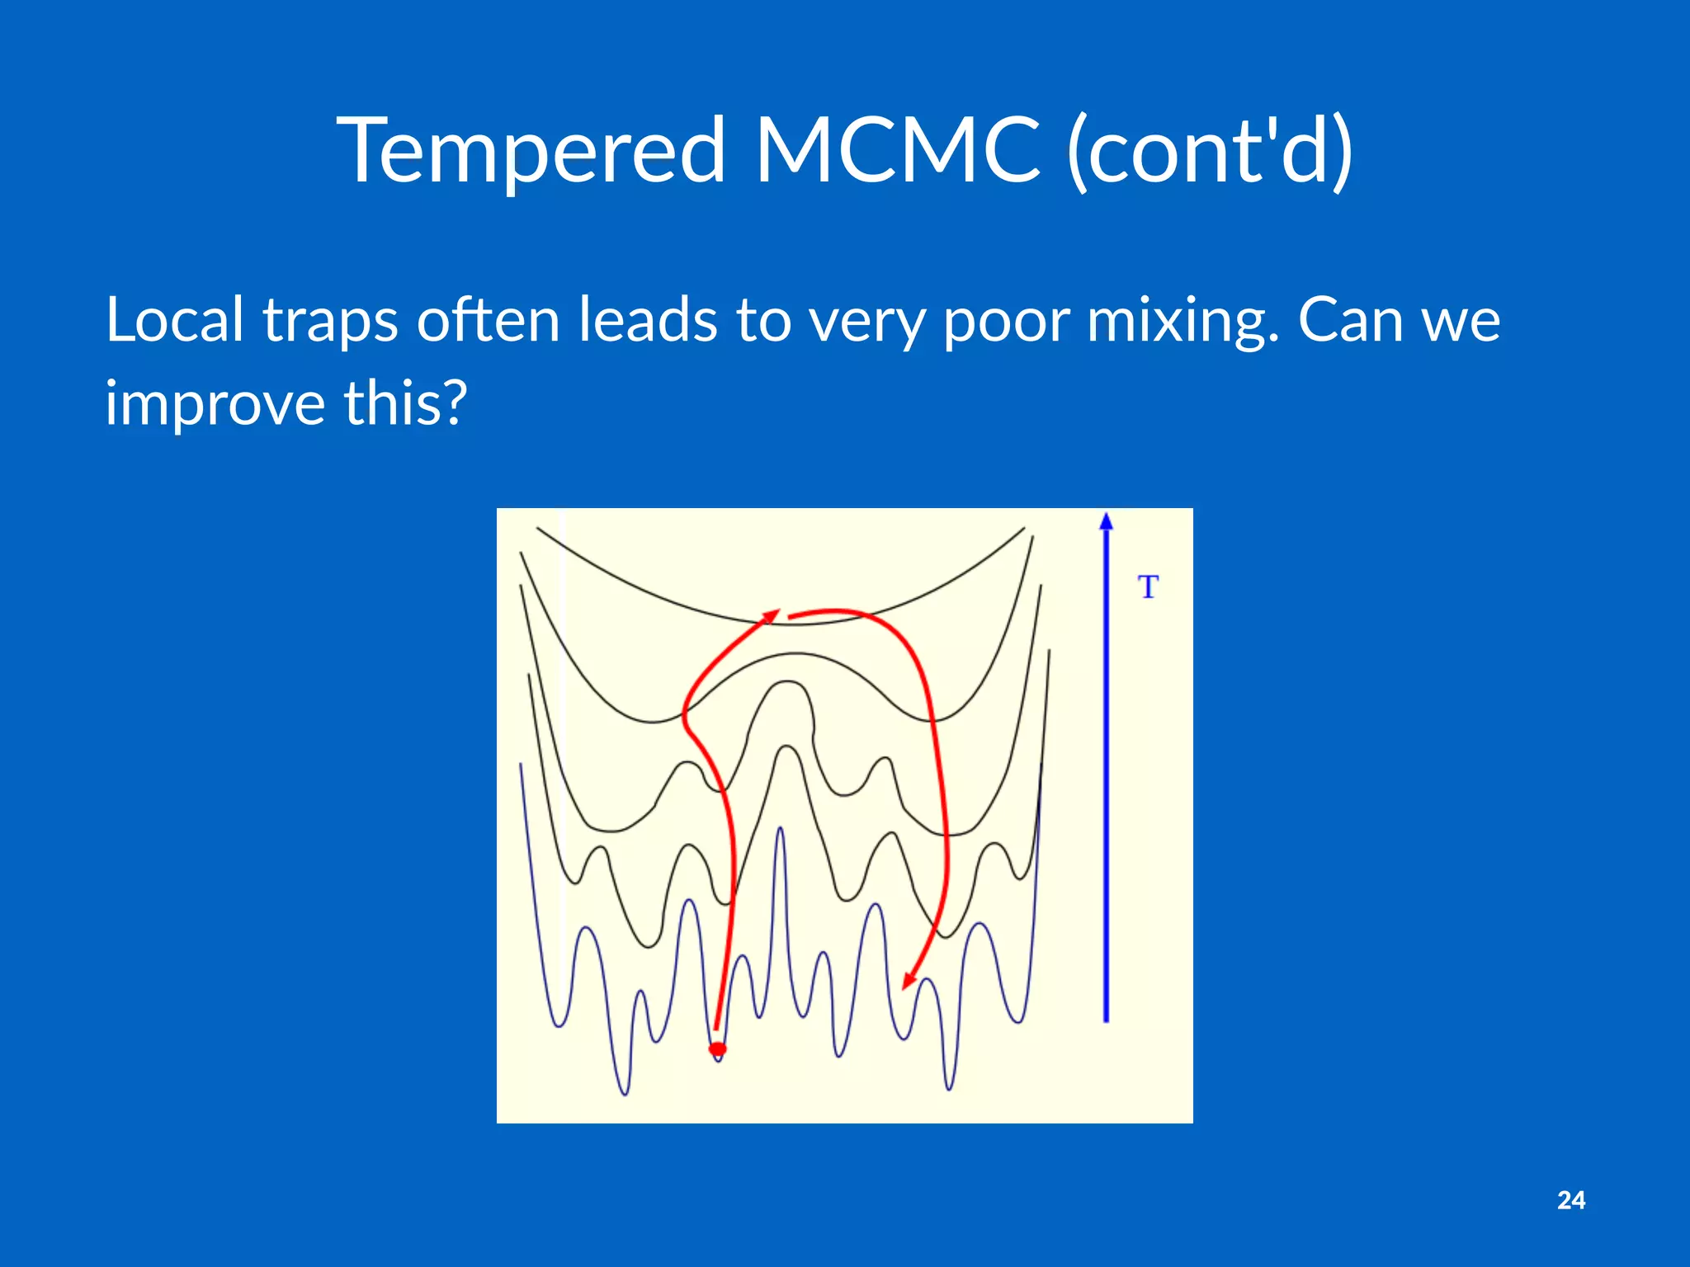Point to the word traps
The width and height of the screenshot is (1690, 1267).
pos(331,322)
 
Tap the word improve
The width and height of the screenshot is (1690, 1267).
pos(215,404)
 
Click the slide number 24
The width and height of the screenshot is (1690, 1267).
pos(1570,1200)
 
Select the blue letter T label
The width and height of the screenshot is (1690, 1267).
pos(1148,587)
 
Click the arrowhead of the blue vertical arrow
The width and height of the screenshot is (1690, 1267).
pos(1107,521)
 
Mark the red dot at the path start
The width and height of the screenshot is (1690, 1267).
pos(718,1049)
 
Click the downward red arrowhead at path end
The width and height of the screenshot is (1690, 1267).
pos(909,980)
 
